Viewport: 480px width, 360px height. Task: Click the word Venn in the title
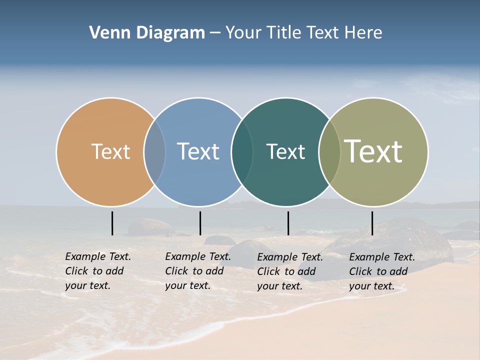104,33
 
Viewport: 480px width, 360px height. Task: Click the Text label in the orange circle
110,151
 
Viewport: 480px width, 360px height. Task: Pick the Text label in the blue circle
198,151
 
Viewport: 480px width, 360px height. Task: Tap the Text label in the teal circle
285,151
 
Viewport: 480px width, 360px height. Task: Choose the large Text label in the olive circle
373,151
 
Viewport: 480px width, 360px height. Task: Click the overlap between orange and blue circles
154,151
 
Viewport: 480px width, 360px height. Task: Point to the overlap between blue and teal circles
241,151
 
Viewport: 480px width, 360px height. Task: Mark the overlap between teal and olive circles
329,151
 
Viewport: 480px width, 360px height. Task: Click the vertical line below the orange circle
112,223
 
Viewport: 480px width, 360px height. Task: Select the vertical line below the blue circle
200,223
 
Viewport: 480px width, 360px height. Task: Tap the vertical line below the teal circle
288,223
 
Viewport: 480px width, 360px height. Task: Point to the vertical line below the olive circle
372,223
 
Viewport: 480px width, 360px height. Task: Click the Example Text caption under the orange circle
98,271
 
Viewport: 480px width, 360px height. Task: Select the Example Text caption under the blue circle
198,271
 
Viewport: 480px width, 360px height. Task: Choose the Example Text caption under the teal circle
290,271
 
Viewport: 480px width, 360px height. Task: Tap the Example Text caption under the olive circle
382,271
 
